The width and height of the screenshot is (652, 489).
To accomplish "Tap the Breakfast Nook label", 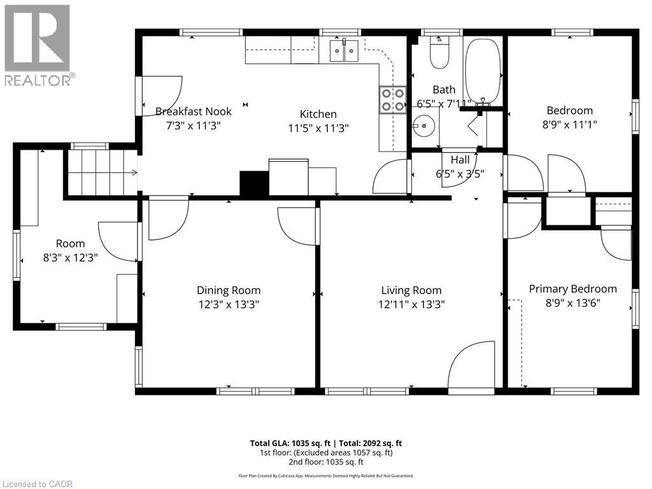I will (194, 111).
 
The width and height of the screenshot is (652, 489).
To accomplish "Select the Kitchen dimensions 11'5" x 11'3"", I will (318, 127).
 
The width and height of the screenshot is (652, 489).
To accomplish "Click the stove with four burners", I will (393, 99).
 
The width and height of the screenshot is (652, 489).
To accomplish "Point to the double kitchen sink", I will (344, 50).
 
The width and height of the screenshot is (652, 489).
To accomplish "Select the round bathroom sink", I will (422, 125).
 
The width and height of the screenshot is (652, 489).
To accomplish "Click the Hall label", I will (460, 160).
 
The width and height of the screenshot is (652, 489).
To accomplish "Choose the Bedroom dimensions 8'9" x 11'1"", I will (569, 124).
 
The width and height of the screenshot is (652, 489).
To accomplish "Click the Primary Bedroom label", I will (572, 289).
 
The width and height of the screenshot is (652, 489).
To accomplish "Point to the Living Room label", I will (411, 290).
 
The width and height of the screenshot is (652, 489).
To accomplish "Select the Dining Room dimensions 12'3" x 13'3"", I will (229, 304).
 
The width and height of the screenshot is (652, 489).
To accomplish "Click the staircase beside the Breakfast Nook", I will (101, 172).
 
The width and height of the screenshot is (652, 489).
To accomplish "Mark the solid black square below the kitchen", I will (254, 183).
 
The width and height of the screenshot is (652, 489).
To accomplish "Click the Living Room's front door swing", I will (472, 366).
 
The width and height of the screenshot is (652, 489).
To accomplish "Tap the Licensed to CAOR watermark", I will (37, 484).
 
